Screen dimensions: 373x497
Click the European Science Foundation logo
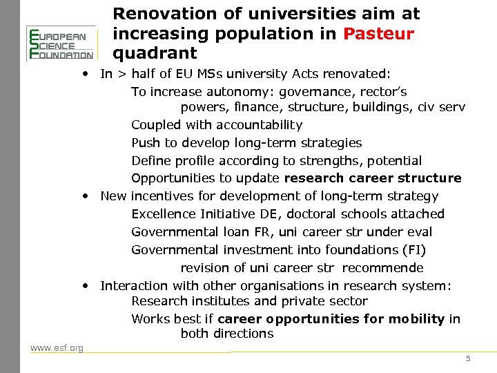pyautogui.click(x=60, y=43)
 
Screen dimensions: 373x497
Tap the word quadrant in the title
pyautogui.click(x=155, y=52)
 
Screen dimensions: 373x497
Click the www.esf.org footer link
pyautogui.click(x=57, y=347)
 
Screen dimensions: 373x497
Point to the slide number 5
pyautogui.click(x=468, y=358)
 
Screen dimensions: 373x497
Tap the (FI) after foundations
pyautogui.click(x=415, y=250)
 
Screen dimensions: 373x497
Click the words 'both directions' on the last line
pyautogui.click(x=227, y=334)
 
